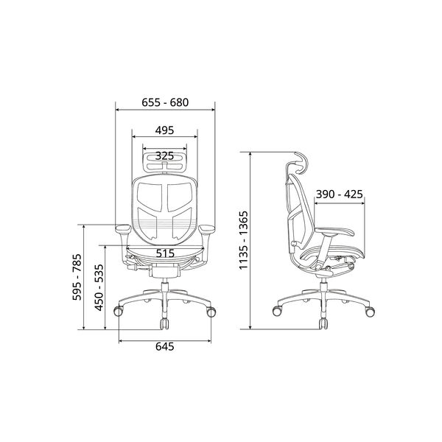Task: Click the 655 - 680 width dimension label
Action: (165, 102)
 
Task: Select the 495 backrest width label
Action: (164, 130)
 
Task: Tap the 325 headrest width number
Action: (164, 155)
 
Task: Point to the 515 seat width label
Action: (165, 253)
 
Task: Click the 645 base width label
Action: (165, 346)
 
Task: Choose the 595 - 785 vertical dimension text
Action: (77, 277)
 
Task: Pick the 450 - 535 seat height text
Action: (99, 287)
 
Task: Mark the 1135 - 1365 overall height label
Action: (244, 240)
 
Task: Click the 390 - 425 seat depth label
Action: (339, 194)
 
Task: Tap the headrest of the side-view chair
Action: (301, 161)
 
